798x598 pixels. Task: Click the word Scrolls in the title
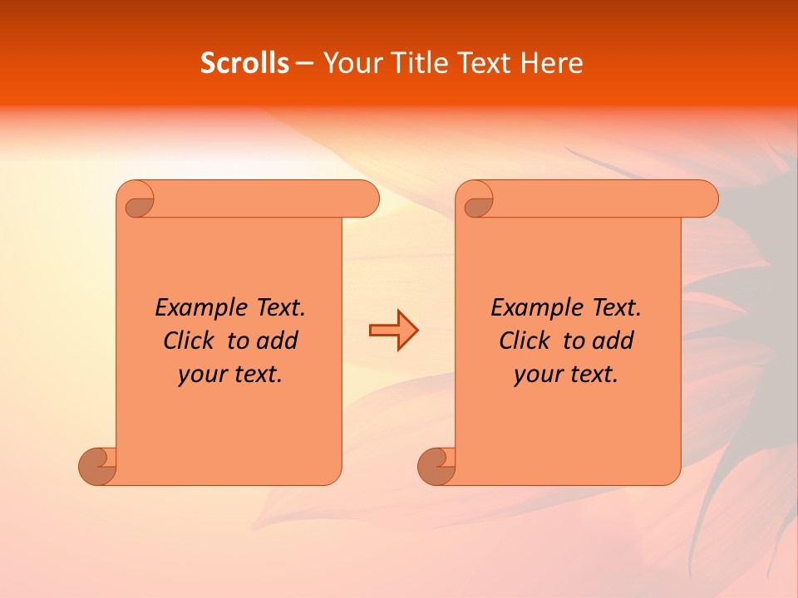[244, 63]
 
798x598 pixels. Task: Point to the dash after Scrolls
[305, 63]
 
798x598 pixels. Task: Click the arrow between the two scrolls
[393, 331]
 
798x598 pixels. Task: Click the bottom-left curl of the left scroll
[96, 465]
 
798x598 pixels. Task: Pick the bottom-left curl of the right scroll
[436, 465]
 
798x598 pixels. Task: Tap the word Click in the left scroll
[191, 341]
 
